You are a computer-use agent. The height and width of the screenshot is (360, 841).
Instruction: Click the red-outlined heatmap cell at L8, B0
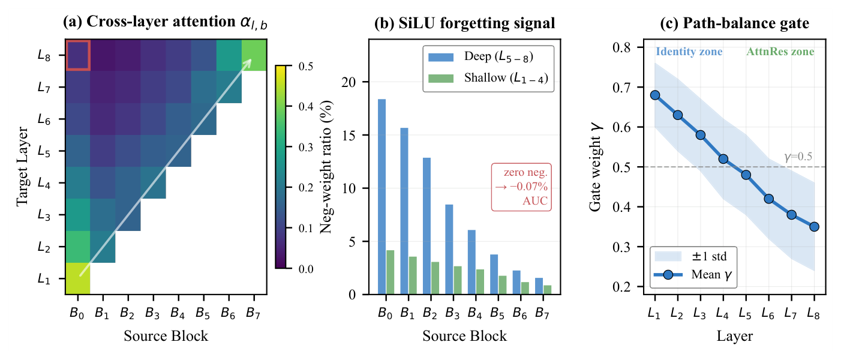[x=78, y=55]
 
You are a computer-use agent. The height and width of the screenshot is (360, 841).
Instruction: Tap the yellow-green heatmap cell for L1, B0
[x=78, y=278]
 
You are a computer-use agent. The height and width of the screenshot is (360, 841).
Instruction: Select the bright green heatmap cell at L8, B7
[x=254, y=55]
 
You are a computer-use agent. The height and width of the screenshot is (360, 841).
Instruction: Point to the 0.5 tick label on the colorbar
[x=305, y=67]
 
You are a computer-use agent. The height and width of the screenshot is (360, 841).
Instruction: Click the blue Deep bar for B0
[x=382, y=197]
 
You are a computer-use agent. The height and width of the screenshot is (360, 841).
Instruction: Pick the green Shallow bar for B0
[x=390, y=272]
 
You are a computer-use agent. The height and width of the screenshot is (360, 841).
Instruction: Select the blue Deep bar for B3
[x=449, y=250]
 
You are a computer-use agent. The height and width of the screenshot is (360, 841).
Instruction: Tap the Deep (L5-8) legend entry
[x=481, y=56]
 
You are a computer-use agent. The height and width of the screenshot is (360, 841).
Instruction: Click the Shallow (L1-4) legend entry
[x=488, y=78]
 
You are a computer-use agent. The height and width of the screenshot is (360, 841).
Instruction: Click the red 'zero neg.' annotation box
[x=521, y=187]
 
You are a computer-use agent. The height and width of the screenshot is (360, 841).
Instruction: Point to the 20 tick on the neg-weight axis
[x=349, y=82]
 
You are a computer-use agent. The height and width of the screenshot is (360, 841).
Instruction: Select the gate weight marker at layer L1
[x=655, y=95]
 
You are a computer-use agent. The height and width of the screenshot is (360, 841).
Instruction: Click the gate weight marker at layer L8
[x=815, y=227]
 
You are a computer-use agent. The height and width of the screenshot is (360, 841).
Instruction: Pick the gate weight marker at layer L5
[x=746, y=175]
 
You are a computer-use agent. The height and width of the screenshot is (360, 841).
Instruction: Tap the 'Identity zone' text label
[x=689, y=52]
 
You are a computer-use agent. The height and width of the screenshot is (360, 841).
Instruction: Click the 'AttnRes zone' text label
[x=780, y=52]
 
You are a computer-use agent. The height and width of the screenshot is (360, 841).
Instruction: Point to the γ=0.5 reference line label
[x=798, y=157]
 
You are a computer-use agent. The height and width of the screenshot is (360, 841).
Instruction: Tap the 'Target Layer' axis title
[x=22, y=166]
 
